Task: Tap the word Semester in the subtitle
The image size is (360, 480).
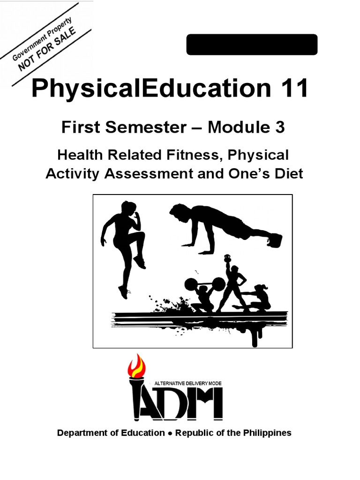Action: (133, 127)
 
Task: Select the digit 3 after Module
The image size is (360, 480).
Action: (279, 127)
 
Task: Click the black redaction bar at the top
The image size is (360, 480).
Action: (252, 45)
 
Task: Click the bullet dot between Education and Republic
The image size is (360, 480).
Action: (170, 433)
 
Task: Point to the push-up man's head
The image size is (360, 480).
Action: (178, 213)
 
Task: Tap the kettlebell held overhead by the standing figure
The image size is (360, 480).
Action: (228, 258)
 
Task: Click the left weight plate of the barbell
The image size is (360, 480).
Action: (192, 284)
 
